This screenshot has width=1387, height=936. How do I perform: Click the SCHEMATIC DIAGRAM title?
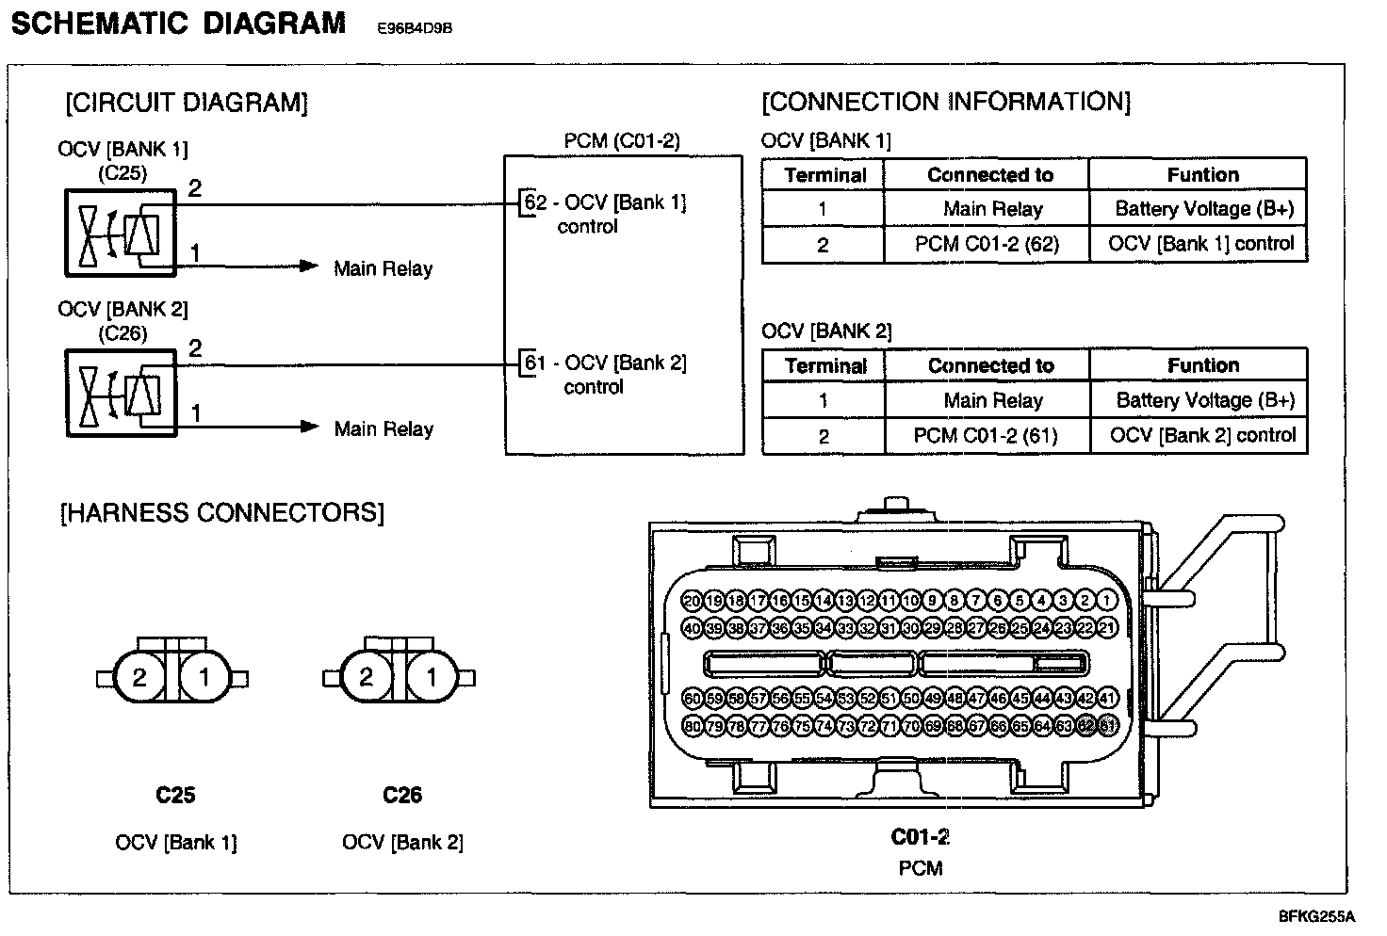pos(178,23)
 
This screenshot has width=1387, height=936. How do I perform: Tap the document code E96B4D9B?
pos(415,28)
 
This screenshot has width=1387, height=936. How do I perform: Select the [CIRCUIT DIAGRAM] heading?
pos(187,103)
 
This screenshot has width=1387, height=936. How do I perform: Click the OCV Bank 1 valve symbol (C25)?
pos(120,232)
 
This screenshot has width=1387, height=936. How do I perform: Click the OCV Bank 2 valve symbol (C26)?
pos(120,392)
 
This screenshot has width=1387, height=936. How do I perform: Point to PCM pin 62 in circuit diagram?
pos(534,202)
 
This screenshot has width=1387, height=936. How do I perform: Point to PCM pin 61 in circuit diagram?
pos(534,363)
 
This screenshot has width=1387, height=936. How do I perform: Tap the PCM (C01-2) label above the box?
pos(622,141)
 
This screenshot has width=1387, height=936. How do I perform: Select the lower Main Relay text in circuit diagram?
pos(383,429)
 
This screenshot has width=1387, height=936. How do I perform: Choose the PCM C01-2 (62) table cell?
pos(987,245)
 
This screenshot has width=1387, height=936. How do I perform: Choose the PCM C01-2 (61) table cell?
pos(987,436)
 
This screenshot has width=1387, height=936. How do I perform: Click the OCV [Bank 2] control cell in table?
pos(1202,436)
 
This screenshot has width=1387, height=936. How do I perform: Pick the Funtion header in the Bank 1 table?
pos(1202,175)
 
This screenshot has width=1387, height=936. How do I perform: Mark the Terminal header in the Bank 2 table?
pos(824,366)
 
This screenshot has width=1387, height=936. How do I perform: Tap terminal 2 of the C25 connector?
pos(139,677)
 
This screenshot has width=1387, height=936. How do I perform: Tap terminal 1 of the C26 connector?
pos(432,677)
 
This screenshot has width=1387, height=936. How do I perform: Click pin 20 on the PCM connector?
pos(692,601)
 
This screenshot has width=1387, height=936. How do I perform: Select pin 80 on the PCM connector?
pos(692,726)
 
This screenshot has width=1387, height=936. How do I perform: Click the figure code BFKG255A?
pos(1315,916)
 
